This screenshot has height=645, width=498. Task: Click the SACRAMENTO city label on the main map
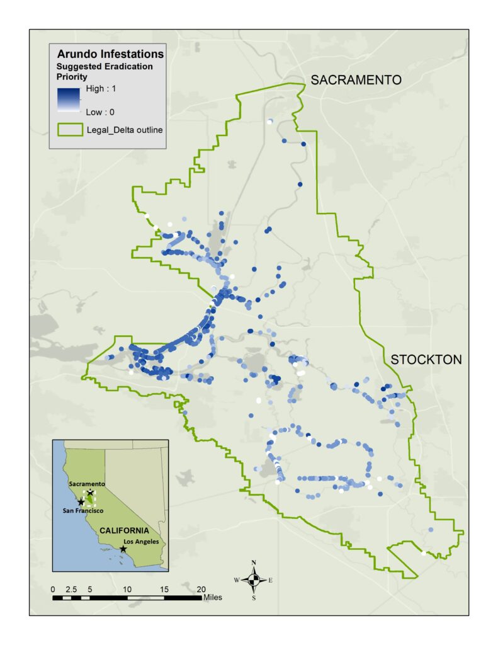coord(356,80)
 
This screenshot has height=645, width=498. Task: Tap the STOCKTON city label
coord(426,360)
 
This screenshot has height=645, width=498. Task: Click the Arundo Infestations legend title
coord(110,54)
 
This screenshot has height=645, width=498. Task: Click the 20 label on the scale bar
coord(201,589)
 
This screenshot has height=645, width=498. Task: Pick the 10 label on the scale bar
coord(127,589)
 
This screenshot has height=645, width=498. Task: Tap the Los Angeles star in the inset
coord(123,549)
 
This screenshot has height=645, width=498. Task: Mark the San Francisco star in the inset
coord(81,502)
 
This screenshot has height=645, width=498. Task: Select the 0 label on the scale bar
coord(54,589)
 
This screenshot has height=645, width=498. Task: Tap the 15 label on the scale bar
coord(164,589)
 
